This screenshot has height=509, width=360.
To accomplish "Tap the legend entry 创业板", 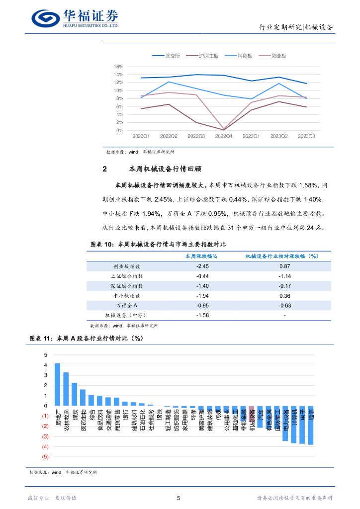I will click(279, 56).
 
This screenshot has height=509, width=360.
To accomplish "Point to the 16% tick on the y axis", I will click(118, 67).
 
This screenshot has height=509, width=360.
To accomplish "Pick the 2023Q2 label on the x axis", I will click(279, 136).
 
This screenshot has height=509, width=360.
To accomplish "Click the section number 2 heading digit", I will click(104, 169).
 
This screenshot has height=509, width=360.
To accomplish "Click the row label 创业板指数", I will click(126, 266).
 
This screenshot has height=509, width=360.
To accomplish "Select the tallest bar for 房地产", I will click(57, 384).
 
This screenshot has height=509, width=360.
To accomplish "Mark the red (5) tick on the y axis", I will click(45, 456).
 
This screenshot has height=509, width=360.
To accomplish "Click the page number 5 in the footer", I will click(179, 498).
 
